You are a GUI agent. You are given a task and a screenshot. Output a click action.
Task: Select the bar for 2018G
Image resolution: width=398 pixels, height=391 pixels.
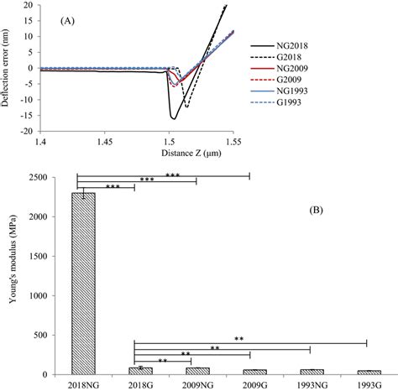coord(140,371)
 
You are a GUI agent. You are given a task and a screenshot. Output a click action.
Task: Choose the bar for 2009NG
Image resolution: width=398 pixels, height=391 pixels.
coord(197,371)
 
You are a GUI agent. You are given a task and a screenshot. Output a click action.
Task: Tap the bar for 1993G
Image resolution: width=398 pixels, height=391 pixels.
coord(368,372)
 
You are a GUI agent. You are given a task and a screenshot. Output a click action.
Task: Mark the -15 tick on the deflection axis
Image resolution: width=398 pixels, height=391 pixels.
coord(27,115)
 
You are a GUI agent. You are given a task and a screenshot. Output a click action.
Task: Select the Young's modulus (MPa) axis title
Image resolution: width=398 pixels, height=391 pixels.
coord(10,274)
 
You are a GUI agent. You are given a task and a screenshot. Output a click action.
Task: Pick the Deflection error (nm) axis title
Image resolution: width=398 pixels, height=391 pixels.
coord(10,67)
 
